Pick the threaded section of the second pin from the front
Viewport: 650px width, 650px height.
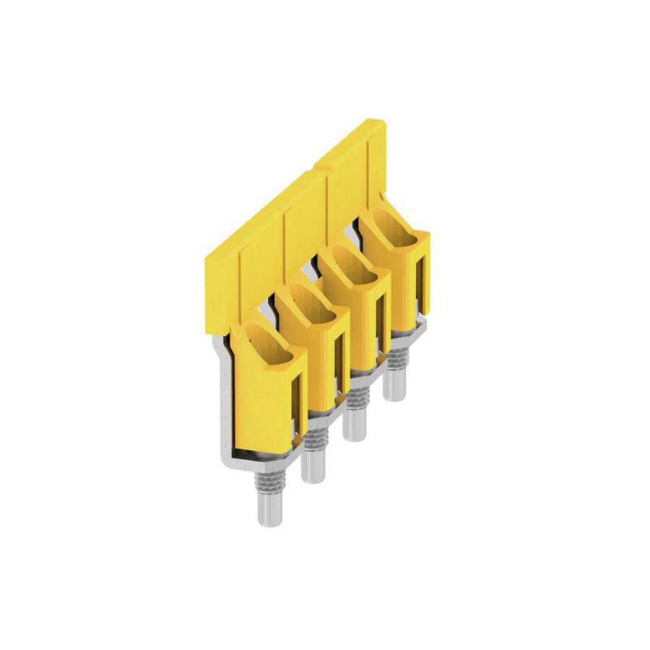tap(312, 440)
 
